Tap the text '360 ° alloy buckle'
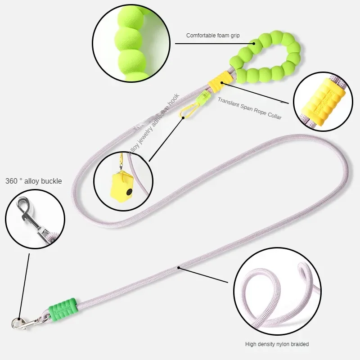click(x=34, y=181)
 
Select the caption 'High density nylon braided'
click(x=277, y=344)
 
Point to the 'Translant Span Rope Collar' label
click(x=250, y=108)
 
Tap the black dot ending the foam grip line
click(x=254, y=44)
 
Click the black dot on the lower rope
click(x=179, y=268)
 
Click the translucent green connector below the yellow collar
click(x=207, y=95)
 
